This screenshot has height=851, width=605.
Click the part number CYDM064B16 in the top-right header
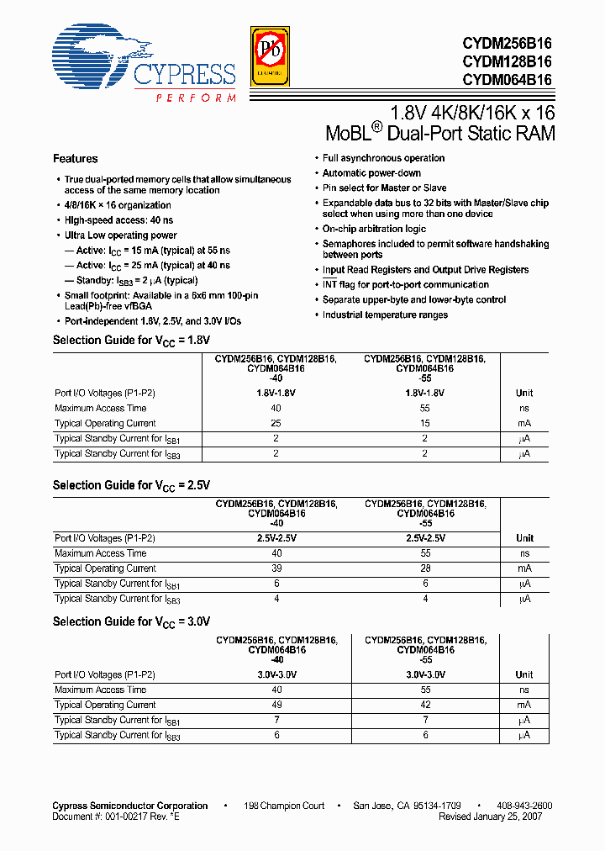(x=506, y=80)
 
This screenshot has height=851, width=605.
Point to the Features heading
(x=76, y=159)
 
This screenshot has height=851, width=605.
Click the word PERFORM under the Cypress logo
(x=196, y=98)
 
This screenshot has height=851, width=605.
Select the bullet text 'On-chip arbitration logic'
(x=375, y=229)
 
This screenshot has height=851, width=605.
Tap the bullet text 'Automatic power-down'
(x=372, y=173)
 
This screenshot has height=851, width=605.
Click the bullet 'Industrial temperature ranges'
(x=386, y=315)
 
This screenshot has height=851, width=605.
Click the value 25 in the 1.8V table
(x=276, y=423)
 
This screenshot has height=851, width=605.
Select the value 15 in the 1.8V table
(x=424, y=423)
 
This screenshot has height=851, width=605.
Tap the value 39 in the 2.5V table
(x=276, y=568)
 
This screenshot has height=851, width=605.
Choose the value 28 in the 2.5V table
(x=424, y=568)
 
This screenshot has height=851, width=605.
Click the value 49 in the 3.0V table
(x=276, y=705)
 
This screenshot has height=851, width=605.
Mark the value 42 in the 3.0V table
(x=424, y=705)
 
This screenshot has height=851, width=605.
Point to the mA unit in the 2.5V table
(x=524, y=568)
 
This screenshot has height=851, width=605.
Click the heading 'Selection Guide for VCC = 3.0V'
(x=131, y=621)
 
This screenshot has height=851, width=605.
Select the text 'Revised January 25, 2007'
(x=490, y=817)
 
